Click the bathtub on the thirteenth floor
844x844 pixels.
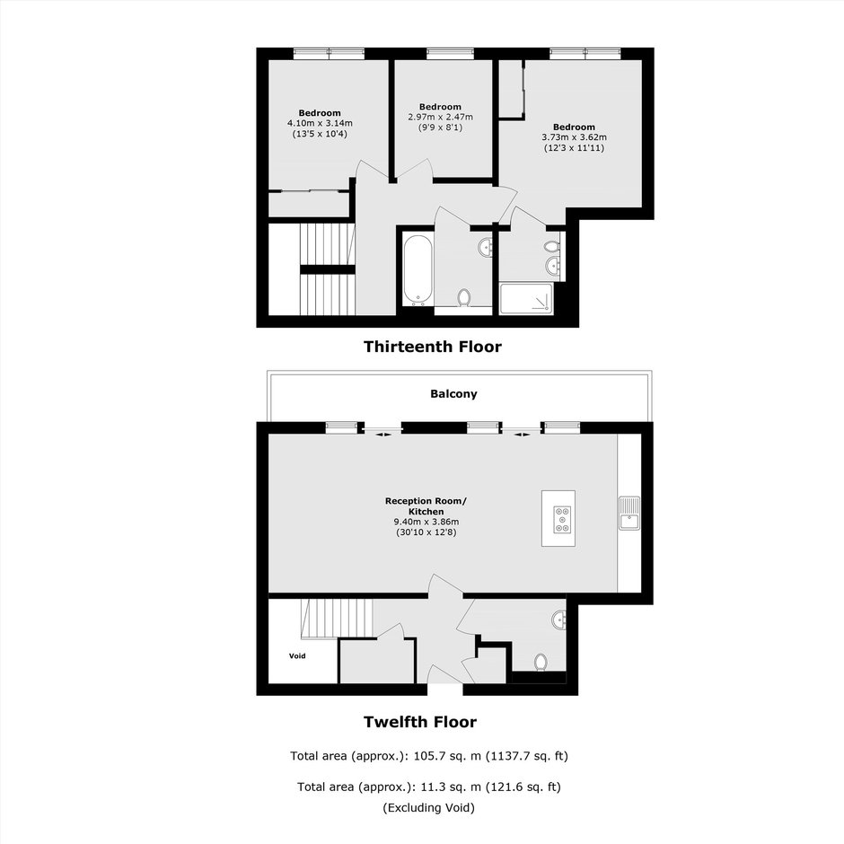(418, 269)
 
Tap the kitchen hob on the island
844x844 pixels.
(562, 520)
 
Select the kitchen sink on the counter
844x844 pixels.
(629, 513)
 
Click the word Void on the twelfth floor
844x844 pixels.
(297, 655)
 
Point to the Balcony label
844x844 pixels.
(453, 394)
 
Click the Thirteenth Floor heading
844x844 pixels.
(432, 347)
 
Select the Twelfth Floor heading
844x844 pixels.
(420, 722)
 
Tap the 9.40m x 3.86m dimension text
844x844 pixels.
(426, 522)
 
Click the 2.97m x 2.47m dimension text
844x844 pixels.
(440, 117)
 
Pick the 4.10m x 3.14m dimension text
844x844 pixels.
(320, 123)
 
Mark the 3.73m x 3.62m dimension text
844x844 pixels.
(574, 137)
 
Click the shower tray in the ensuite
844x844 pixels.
(526, 298)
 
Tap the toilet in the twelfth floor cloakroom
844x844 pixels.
(541, 662)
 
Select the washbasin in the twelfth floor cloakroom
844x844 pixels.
(559, 620)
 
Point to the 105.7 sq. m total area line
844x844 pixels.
(429, 756)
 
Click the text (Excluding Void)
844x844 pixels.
(429, 807)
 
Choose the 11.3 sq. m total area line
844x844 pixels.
(429, 787)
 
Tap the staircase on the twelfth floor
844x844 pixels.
(338, 619)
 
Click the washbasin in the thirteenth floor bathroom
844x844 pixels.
(486, 248)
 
